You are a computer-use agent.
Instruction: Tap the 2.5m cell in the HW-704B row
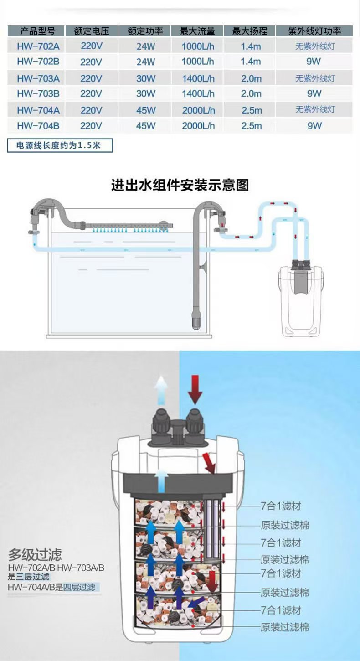(251, 126)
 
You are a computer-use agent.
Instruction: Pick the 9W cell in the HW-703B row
(314, 93)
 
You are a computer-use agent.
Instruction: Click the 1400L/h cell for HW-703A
(198, 78)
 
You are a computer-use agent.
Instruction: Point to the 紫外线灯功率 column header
(314, 31)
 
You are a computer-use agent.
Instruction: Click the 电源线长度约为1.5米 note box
(60, 146)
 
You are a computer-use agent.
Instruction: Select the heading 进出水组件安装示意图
(180, 185)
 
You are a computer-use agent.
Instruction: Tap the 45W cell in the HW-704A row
(145, 110)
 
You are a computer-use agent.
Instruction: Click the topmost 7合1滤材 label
(281, 506)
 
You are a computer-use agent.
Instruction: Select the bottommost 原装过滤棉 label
(284, 627)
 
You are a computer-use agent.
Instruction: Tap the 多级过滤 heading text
(35, 555)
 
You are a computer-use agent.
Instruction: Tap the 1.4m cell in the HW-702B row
(251, 62)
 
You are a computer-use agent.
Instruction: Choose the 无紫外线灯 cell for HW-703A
(314, 78)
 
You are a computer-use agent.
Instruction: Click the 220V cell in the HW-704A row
(91, 110)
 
